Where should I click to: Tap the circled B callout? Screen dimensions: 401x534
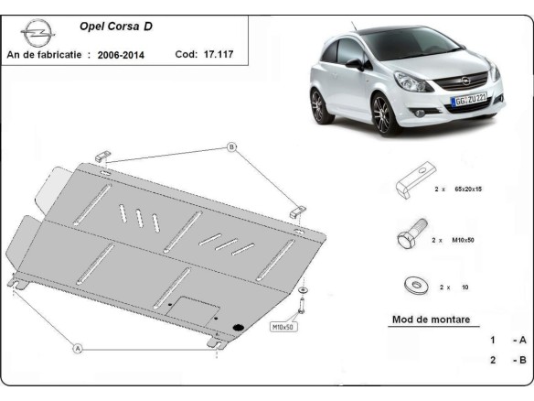pyautogui.click(x=231, y=146)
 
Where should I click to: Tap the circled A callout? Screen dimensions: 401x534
pyautogui.click(x=78, y=348)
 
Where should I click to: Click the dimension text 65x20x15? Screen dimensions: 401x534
pyautogui.click(x=469, y=188)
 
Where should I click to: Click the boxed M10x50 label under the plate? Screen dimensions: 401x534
pyautogui.click(x=283, y=325)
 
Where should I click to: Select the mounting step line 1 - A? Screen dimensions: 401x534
pyautogui.click(x=507, y=340)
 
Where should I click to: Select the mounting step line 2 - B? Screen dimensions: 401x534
pyautogui.click(x=507, y=360)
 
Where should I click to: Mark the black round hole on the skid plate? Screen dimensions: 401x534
pyautogui.click(x=240, y=326)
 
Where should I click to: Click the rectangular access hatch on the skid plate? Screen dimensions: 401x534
pyautogui.click(x=197, y=311)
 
